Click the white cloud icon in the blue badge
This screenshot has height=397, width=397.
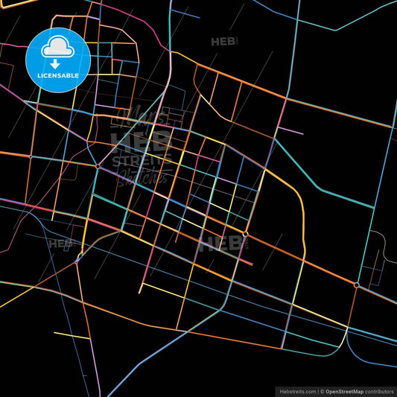[58, 46]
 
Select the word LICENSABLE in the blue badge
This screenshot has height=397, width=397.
[58, 76]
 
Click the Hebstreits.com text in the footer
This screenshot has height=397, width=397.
[296, 390]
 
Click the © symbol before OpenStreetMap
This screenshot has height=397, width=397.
[321, 390]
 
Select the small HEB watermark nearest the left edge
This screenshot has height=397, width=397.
[59, 243]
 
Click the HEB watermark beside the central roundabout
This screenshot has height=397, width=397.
[216, 243]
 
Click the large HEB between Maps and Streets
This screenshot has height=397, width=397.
[141, 140]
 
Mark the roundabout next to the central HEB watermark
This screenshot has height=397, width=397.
[245, 235]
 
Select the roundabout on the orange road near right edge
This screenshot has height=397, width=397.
[357, 285]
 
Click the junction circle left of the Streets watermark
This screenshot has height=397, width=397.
[98, 167]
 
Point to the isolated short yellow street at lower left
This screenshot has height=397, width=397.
[72, 335]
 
